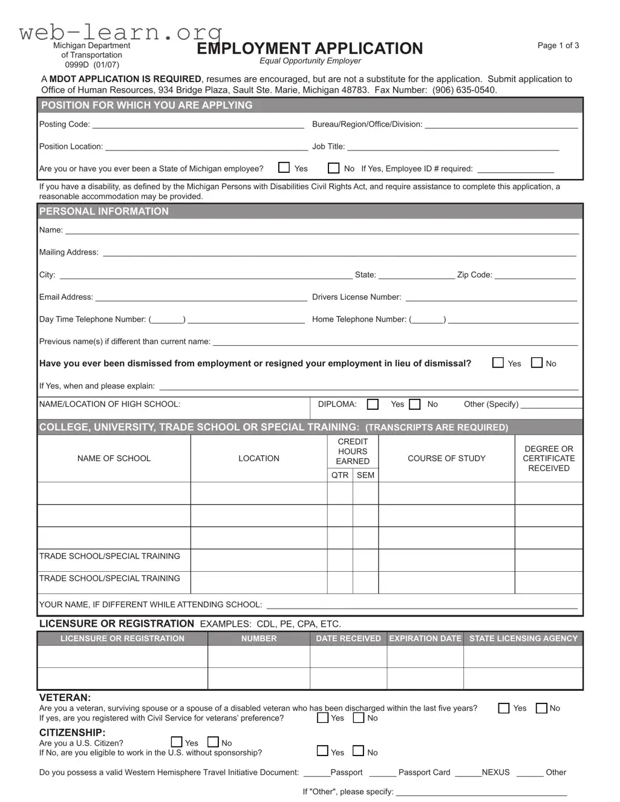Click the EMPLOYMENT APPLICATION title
point(310,48)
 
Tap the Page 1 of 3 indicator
point(558,45)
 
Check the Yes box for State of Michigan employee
point(284,168)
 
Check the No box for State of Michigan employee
point(333,168)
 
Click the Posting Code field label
point(64,125)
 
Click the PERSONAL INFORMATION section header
point(104,212)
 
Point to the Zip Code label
point(474,275)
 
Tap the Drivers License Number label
point(356,297)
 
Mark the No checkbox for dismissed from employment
point(537,363)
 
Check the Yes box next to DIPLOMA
point(373,404)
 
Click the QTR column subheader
point(340,475)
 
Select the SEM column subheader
point(365,475)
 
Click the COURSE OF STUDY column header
point(446,459)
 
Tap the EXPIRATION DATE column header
point(425,639)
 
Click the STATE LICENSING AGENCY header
point(523,639)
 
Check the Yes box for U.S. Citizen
point(177,742)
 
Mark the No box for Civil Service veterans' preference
point(359,718)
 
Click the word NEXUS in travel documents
point(495,772)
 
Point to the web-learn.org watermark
point(121,31)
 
